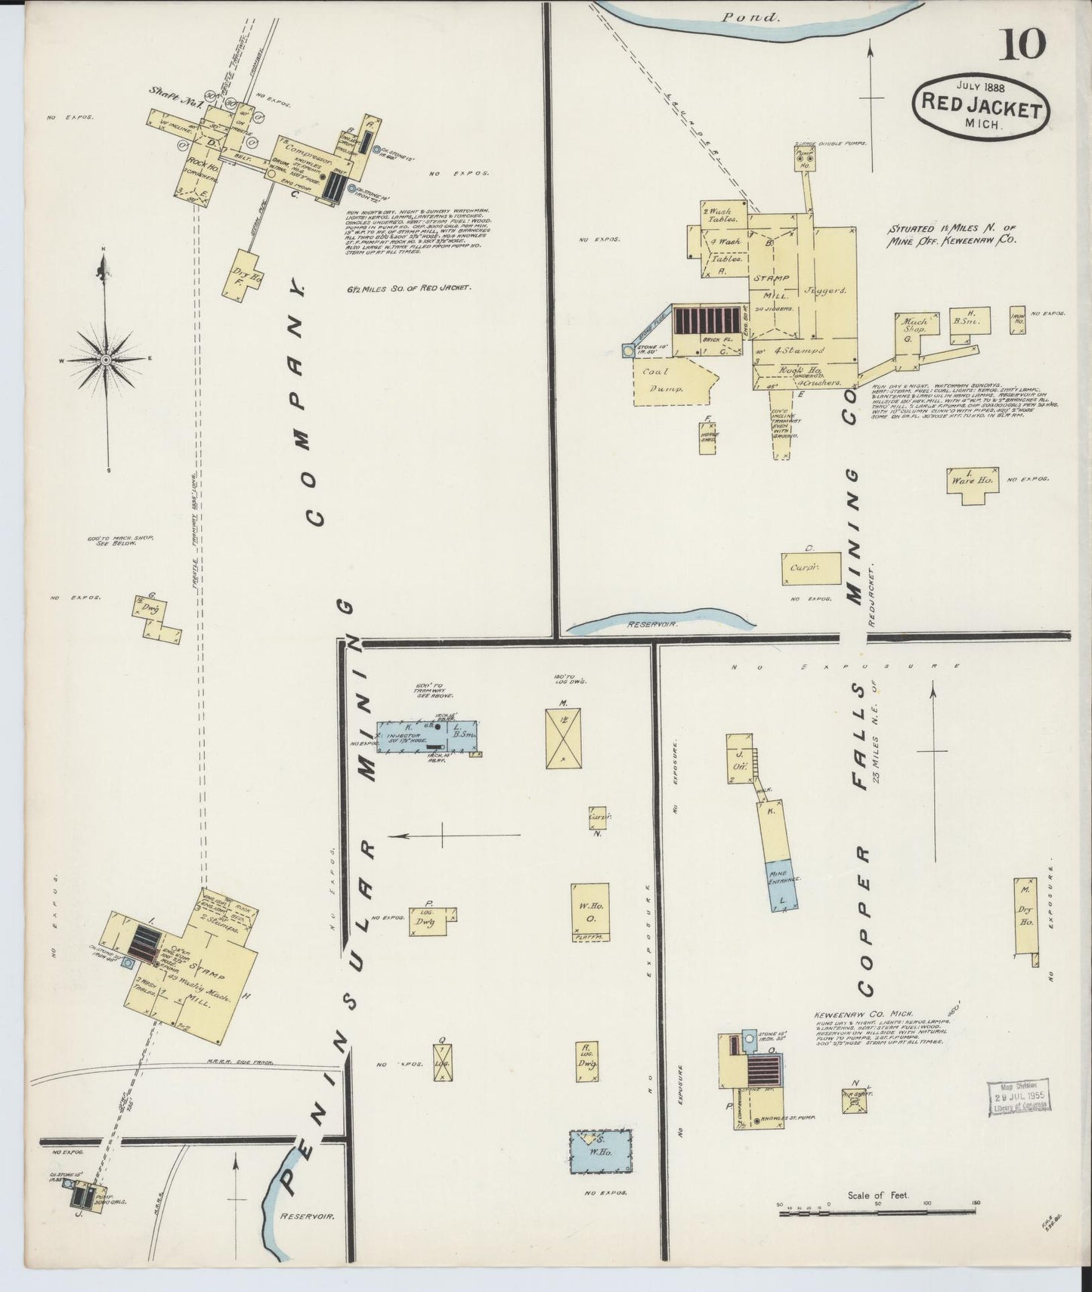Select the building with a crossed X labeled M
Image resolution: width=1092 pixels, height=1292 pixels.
coord(563,737)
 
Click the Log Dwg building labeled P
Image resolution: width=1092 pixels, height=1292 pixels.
coord(428,922)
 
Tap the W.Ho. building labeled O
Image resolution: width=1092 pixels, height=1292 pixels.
coord(589,910)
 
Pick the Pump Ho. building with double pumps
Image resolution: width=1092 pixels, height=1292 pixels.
coord(806,158)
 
